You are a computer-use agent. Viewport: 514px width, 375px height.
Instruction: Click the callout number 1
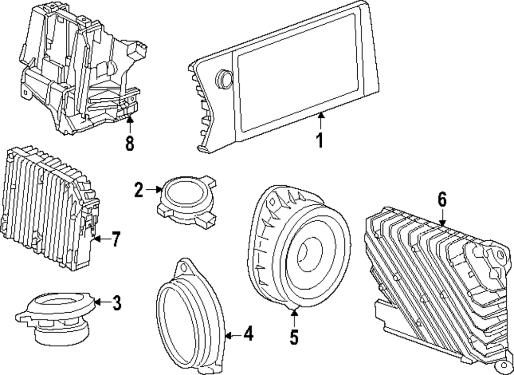[x=320, y=140]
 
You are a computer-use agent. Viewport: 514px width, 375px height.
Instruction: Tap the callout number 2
[x=138, y=190]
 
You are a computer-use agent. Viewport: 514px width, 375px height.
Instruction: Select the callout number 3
[x=117, y=303]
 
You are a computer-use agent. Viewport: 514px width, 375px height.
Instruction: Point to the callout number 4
[x=248, y=335]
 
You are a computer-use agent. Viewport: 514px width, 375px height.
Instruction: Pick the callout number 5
[x=294, y=337]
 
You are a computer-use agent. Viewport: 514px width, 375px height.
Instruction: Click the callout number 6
[x=443, y=199]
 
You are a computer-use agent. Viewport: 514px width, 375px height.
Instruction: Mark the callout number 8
[x=130, y=142]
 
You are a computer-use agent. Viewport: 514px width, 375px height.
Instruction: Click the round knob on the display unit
[x=225, y=78]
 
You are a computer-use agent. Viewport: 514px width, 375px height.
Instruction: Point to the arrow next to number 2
[x=154, y=190]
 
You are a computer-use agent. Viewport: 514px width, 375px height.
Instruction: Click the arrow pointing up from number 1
[x=320, y=121]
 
